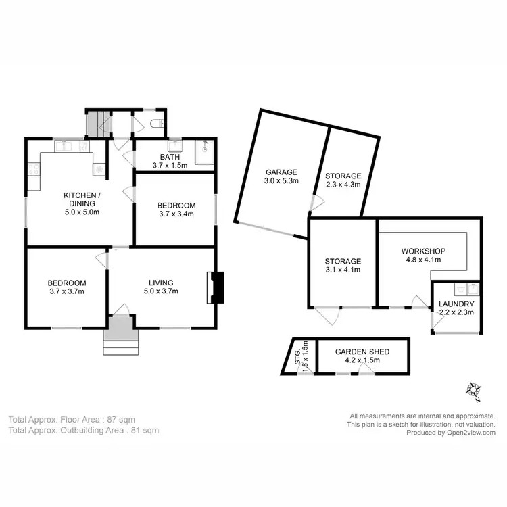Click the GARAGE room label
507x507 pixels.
click(x=281, y=172)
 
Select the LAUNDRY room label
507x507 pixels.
click(x=456, y=304)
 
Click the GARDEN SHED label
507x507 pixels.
click(x=363, y=352)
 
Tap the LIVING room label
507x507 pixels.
click(x=162, y=283)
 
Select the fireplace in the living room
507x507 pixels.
click(x=217, y=287)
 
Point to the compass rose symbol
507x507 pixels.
click(x=472, y=389)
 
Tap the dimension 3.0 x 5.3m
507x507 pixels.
click(x=281, y=181)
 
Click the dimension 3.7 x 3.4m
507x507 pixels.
click(x=176, y=215)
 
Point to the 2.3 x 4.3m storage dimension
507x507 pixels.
click(x=343, y=184)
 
